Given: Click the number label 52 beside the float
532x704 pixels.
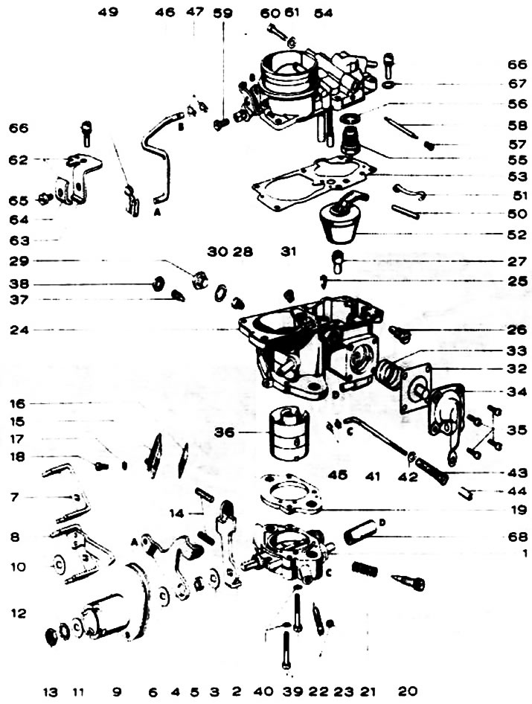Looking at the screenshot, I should click(513, 234).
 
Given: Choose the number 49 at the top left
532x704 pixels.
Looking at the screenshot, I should click(109, 13).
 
